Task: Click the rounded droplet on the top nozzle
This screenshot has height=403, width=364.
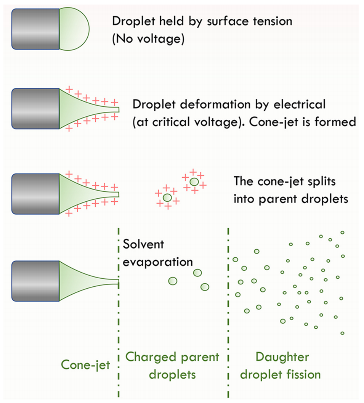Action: coord(74,29)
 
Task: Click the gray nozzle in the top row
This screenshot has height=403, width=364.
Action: coord(35,29)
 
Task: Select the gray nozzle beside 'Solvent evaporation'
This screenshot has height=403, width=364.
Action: coord(35,281)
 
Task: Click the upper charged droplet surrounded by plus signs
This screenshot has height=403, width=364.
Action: coord(194,181)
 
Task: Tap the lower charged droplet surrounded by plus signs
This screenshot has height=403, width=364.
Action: coord(167,197)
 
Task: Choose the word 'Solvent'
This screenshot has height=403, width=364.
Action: coord(143,244)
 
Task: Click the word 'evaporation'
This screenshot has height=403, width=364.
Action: coord(157,262)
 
